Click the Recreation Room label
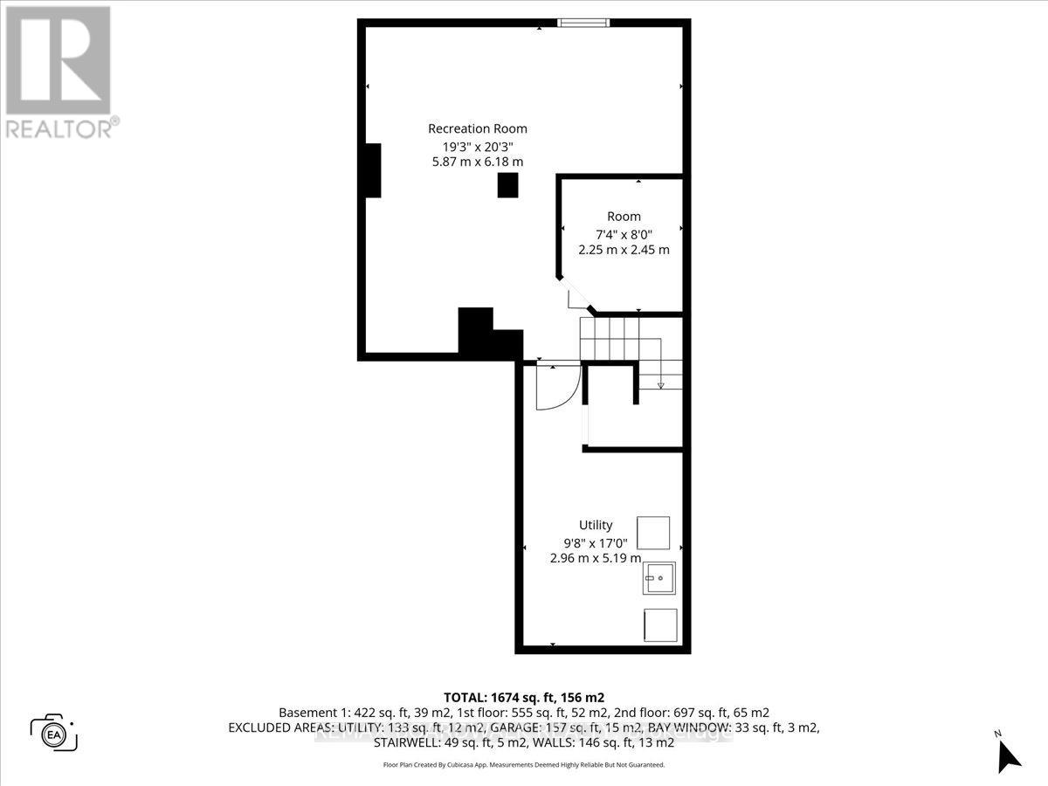[x=477, y=128]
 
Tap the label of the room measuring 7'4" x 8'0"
[x=624, y=217]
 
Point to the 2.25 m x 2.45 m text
[x=624, y=249]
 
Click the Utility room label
[x=596, y=525]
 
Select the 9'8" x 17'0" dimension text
[x=596, y=541]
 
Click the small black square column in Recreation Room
[x=507, y=185]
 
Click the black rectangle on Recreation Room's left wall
[x=371, y=170]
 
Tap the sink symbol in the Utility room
[x=660, y=578]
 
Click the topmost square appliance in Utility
[x=653, y=532]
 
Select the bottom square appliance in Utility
[x=659, y=625]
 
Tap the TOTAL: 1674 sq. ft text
[x=524, y=697]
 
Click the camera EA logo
[x=53, y=733]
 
